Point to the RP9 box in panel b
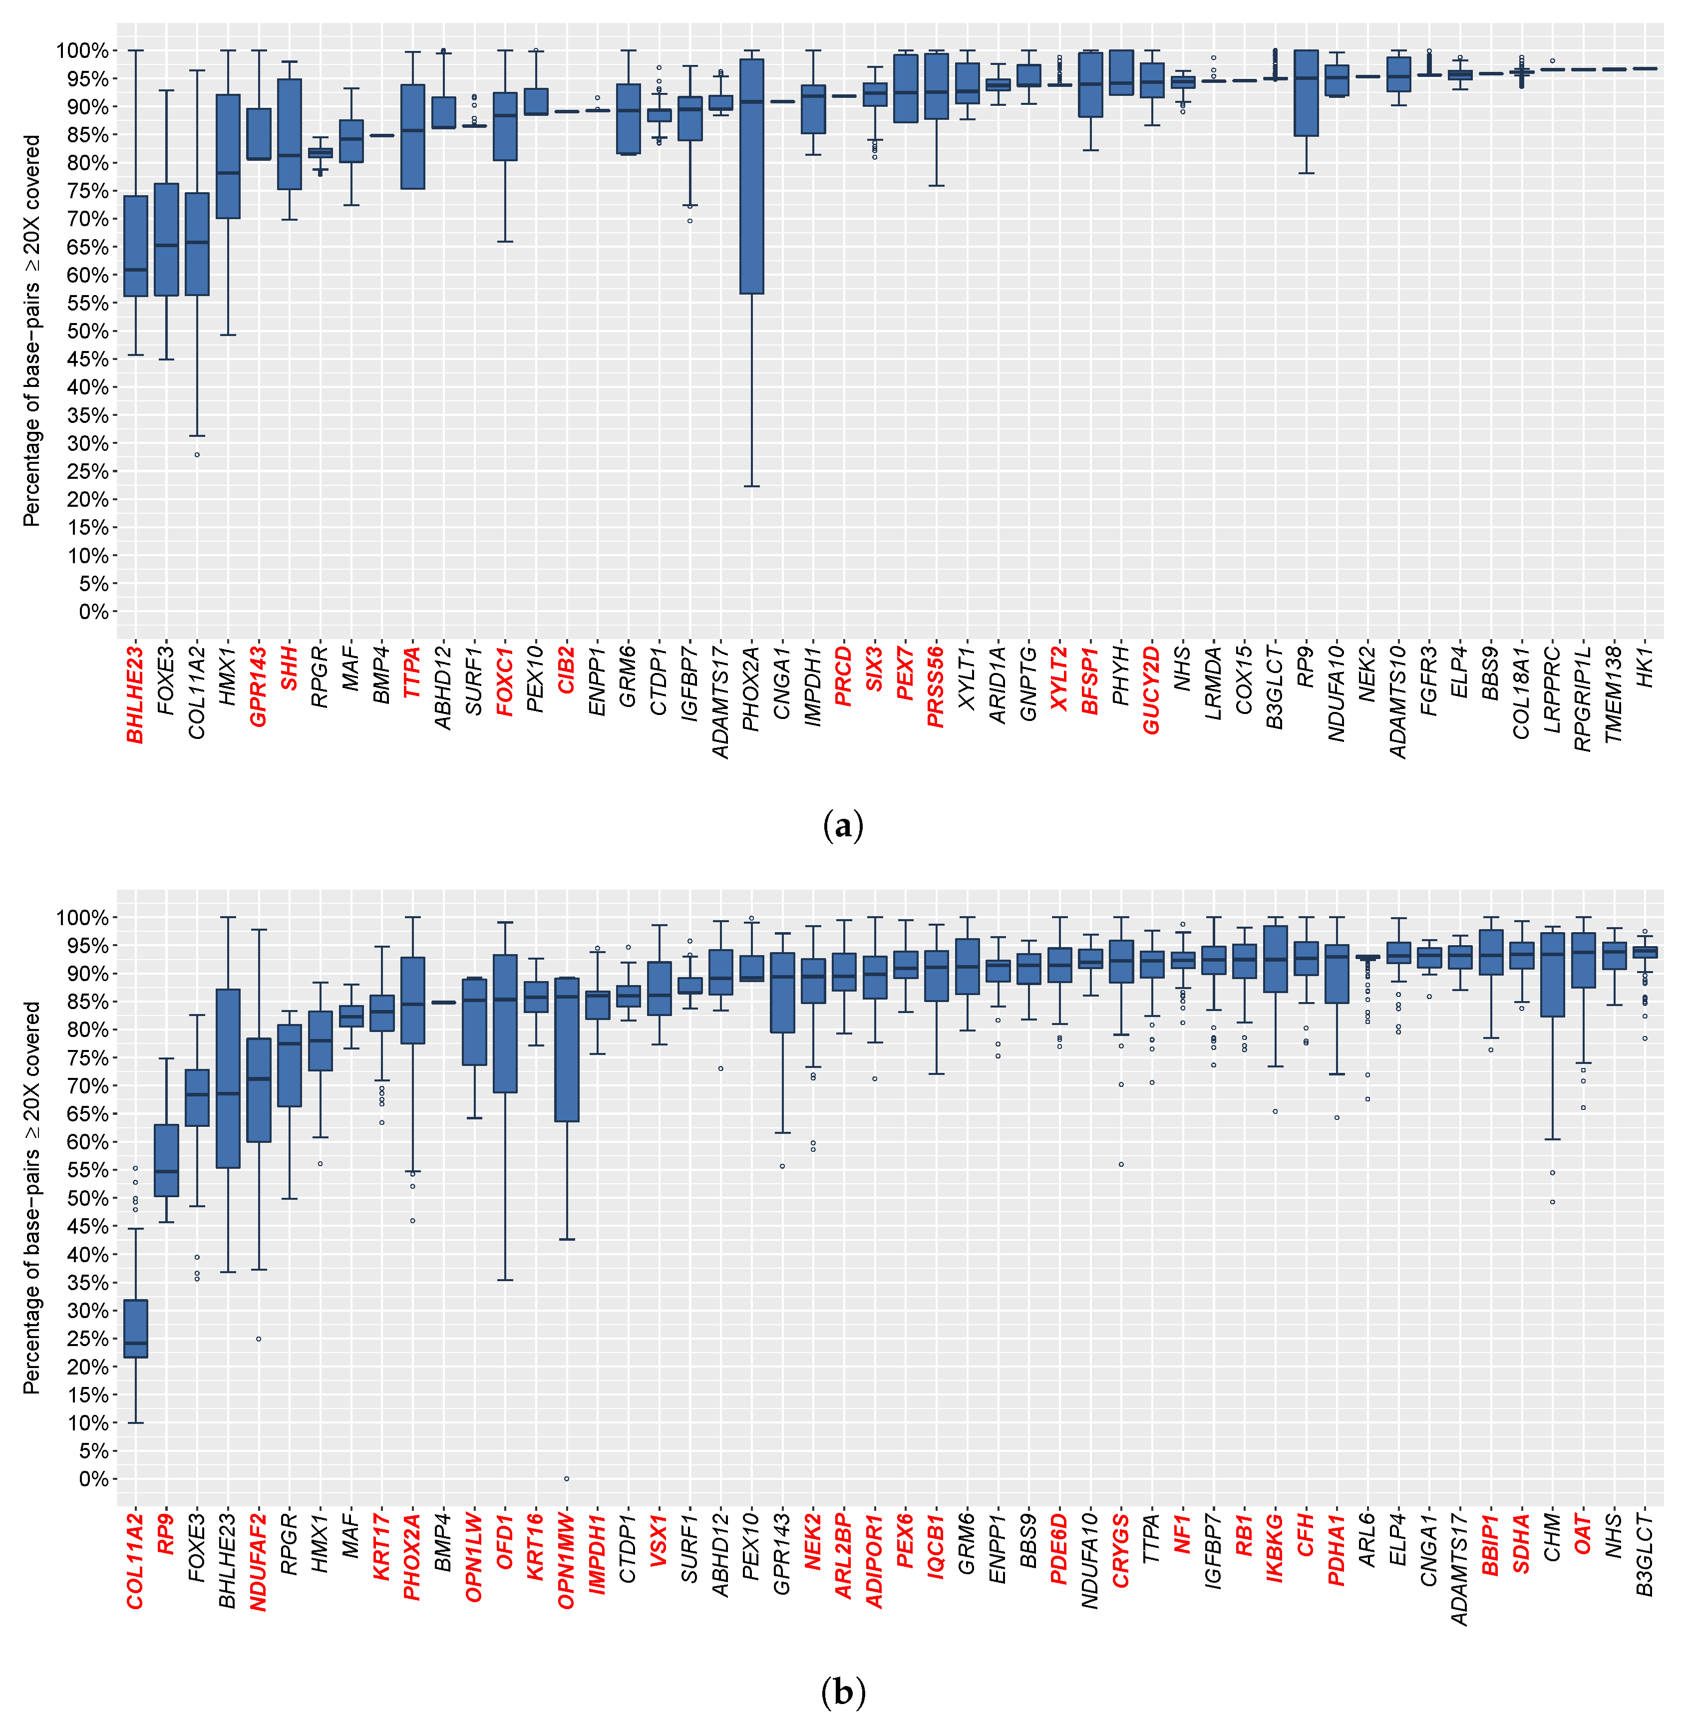point(166,1160)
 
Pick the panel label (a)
point(842,826)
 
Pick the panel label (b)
point(842,1693)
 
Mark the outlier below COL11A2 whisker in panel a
point(198,454)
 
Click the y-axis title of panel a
point(33,331)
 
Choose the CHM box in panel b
point(1552,974)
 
